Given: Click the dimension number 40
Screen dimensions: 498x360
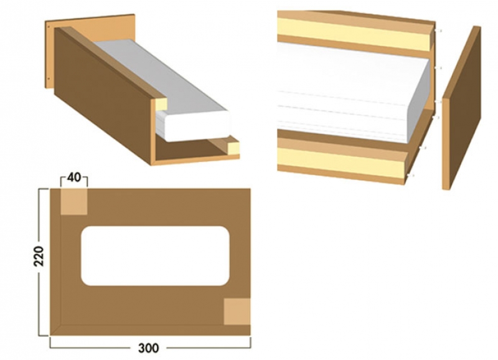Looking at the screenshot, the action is [x=74, y=178].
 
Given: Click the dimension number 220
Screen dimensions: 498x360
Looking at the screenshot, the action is [x=39, y=256].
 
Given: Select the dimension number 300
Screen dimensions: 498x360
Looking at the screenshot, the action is [x=148, y=348].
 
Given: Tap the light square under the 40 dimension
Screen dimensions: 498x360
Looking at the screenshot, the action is [x=73, y=201].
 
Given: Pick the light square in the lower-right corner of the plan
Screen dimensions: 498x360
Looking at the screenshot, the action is [x=237, y=311].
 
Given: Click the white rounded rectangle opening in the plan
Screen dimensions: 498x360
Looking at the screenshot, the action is [x=155, y=256].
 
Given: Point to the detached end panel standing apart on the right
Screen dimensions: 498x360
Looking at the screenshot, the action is [x=461, y=108].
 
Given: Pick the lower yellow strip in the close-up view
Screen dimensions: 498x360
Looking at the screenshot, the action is [x=341, y=161].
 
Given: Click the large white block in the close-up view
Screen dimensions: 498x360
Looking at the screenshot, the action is [x=352, y=92].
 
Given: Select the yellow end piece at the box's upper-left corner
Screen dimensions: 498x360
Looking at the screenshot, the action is [x=161, y=105].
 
